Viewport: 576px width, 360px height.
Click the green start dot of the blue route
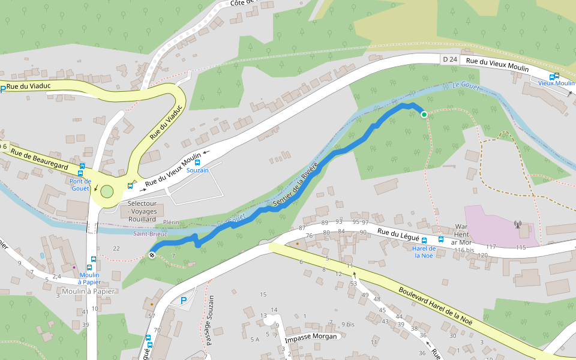[424, 114]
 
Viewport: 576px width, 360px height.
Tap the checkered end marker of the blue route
[152, 255]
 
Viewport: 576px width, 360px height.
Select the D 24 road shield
[449, 59]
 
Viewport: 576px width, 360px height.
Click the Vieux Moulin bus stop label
[556, 83]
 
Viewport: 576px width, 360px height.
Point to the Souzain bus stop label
[197, 170]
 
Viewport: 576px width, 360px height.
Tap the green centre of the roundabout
[107, 191]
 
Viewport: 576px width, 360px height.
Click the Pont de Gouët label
[80, 184]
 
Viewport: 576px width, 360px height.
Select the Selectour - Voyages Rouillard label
[142, 211]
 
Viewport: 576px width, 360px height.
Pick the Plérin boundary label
[170, 222]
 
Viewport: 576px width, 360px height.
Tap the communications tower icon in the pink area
[517, 226]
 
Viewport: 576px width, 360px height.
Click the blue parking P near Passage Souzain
[184, 301]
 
